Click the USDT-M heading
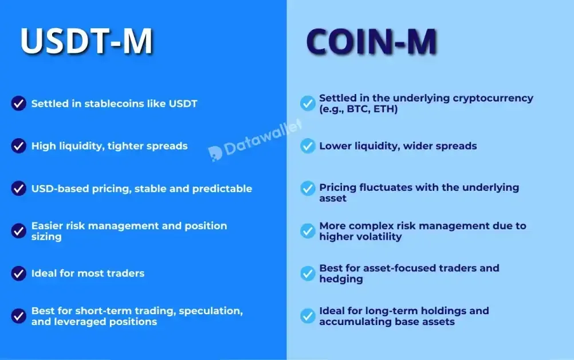pyautogui.click(x=87, y=41)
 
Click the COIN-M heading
pyautogui.click(x=372, y=41)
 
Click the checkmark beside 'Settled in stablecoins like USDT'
pyautogui.click(x=19, y=104)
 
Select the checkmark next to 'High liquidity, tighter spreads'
pyautogui.click(x=19, y=146)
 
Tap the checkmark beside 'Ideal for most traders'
pyautogui.click(x=19, y=273)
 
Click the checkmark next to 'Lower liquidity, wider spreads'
pyautogui.click(x=308, y=146)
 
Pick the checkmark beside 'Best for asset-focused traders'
pyautogui.click(x=308, y=273)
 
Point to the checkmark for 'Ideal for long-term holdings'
pyautogui.click(x=308, y=316)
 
